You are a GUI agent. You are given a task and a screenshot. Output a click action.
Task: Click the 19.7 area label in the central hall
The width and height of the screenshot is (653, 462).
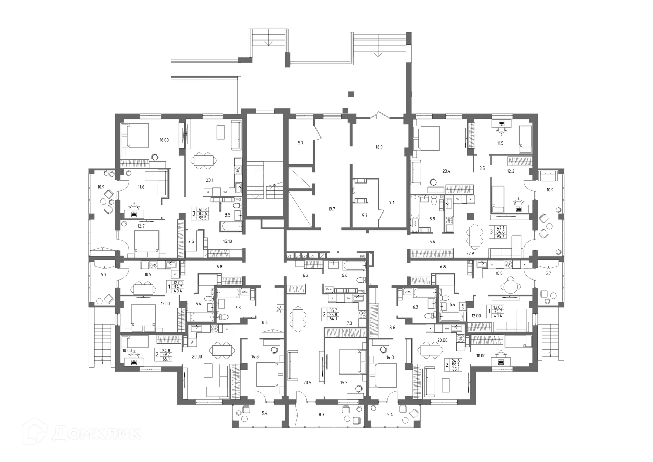click(x=331, y=209)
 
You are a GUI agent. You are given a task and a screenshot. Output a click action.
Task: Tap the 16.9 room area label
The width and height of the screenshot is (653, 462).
click(x=379, y=147)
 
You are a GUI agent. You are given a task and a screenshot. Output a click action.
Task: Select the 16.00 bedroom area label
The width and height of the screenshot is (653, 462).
click(x=164, y=140)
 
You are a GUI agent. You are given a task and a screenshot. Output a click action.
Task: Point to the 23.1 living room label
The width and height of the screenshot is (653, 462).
click(x=210, y=180)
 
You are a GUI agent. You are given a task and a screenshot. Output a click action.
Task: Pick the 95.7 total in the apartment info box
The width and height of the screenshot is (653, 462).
click(x=500, y=236)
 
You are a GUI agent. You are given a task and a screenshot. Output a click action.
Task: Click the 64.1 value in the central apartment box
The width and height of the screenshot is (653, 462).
click(x=333, y=319)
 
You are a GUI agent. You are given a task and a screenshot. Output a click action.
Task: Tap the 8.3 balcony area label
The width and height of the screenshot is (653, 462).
click(x=321, y=415)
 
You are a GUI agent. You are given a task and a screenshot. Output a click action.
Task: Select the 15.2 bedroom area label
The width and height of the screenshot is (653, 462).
click(x=344, y=383)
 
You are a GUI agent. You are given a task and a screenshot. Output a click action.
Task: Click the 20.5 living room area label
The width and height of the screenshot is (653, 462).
click(x=307, y=383)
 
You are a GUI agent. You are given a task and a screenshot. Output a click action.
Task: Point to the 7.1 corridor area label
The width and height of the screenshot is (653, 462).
click(x=391, y=203)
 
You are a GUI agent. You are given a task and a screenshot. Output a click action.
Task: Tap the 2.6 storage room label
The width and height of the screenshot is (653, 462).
click(x=191, y=241)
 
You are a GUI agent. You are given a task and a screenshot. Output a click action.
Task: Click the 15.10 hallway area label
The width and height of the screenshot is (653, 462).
click(x=227, y=241)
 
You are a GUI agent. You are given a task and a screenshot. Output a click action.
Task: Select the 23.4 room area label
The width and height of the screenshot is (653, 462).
click(x=446, y=171)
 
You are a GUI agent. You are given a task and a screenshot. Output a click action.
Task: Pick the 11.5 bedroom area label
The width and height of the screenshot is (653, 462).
click(x=500, y=143)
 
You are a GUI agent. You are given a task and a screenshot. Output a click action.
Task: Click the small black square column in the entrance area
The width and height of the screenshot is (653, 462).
click(x=351, y=94)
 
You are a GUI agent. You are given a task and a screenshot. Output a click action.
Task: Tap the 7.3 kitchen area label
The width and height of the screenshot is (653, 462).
click(x=349, y=323)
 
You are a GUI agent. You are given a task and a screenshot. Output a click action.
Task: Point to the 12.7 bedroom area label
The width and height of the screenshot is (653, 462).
click(x=141, y=226)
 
